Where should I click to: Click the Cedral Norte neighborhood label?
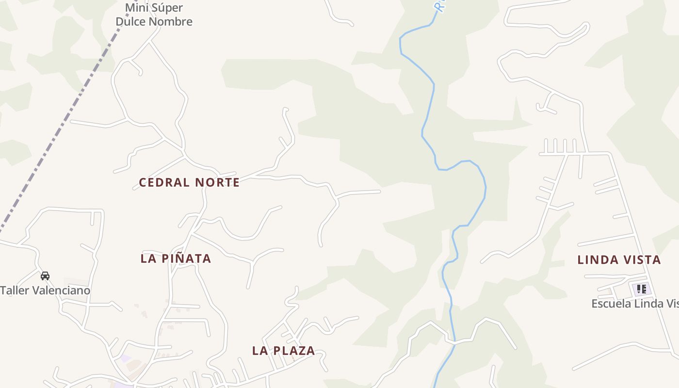tap(189, 182)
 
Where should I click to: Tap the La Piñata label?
tap(176, 259)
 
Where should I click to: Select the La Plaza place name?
tap(283, 351)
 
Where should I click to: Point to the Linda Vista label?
tap(619, 260)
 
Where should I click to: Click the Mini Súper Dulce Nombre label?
tap(154, 15)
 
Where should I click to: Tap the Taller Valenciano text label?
tap(45, 291)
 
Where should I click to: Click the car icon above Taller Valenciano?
tap(45, 276)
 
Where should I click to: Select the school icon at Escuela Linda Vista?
tap(641, 290)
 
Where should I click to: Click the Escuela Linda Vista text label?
tap(634, 304)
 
